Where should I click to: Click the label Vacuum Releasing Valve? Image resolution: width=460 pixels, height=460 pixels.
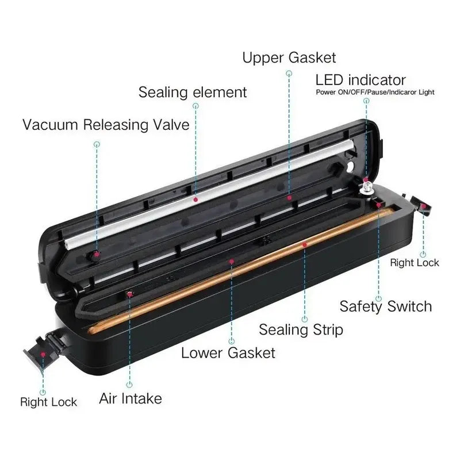[x=106, y=125]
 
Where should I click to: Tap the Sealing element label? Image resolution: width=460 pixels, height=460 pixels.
[x=193, y=92]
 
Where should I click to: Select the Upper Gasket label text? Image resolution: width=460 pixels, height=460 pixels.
[x=289, y=58]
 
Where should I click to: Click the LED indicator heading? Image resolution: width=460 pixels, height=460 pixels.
[x=361, y=80]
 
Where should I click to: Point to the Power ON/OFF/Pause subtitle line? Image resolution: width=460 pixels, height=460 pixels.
[x=375, y=92]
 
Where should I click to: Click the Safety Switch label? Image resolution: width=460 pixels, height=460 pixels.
[x=386, y=306]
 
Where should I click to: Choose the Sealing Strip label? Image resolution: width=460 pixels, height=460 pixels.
[x=301, y=329]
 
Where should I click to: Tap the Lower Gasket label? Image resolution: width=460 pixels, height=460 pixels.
[x=228, y=352]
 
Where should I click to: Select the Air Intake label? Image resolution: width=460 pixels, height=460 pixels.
[x=131, y=398]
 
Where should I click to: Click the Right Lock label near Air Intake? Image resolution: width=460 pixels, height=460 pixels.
[x=49, y=402]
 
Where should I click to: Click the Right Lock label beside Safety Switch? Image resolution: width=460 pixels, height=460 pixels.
[x=415, y=263]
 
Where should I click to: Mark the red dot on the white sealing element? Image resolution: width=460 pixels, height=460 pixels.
[x=195, y=200]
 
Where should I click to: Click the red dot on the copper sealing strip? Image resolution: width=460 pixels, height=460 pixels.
[x=305, y=244]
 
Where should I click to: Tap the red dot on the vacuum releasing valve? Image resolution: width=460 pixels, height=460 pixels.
[x=97, y=255]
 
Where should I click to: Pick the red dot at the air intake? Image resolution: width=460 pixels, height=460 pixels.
[x=129, y=294]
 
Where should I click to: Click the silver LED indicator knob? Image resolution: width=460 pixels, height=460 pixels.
[x=367, y=187]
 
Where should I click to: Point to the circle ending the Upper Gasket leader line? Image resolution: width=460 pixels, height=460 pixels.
[x=289, y=73]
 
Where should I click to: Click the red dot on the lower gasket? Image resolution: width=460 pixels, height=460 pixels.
[x=232, y=261]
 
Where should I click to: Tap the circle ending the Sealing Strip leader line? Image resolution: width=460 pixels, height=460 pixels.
[x=305, y=319]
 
